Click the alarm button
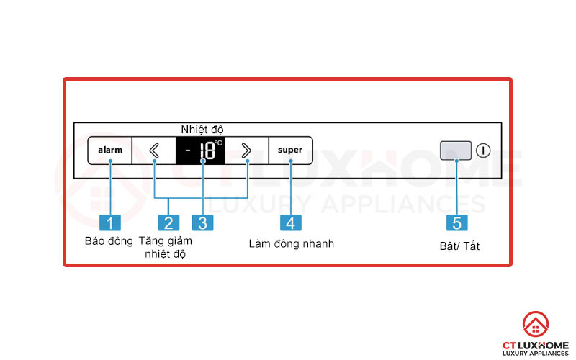pyautogui.click(x=110, y=150)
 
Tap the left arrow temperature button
pyautogui.click(x=154, y=150)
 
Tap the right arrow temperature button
pyautogui.click(x=246, y=150)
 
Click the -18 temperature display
pyautogui.click(x=201, y=150)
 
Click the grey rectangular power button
pyautogui.click(x=456, y=150)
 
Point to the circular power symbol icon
pyautogui.click(x=482, y=151)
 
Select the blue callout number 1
pyautogui.click(x=110, y=222)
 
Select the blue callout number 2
pyautogui.click(x=168, y=222)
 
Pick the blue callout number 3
pyautogui.click(x=202, y=222)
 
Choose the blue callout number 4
pyautogui.click(x=290, y=222)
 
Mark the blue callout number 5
pyautogui.click(x=456, y=222)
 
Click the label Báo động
pyautogui.click(x=109, y=241)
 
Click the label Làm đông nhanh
pyautogui.click(x=291, y=243)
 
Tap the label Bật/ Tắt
pyautogui.click(x=459, y=246)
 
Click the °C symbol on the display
pyautogui.click(x=218, y=143)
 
